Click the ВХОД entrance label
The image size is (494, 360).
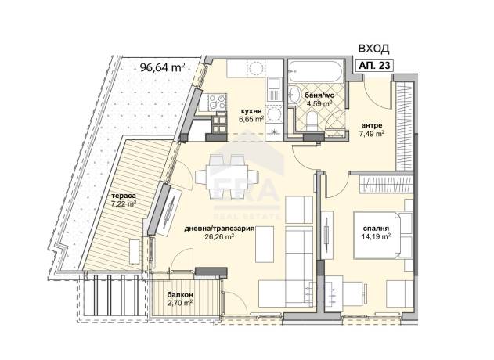coord(374,49)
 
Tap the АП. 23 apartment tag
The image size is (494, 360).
coord(374,65)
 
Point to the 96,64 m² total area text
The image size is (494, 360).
coord(162,67)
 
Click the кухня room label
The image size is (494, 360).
coord(251,111)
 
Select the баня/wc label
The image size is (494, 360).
coord(319,95)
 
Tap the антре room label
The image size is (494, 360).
coord(372,125)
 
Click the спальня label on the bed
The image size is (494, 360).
coord(376,229)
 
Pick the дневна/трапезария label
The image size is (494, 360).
coord(219,229)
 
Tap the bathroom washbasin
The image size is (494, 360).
coord(295,94)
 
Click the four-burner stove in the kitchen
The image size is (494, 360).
coord(217,102)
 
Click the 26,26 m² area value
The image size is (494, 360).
coord(219,236)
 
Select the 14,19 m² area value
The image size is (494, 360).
coord(376,236)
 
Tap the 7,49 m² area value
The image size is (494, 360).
coord(372,133)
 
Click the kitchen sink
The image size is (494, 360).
coord(272,91)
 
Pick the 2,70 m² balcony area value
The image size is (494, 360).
coord(180,303)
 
